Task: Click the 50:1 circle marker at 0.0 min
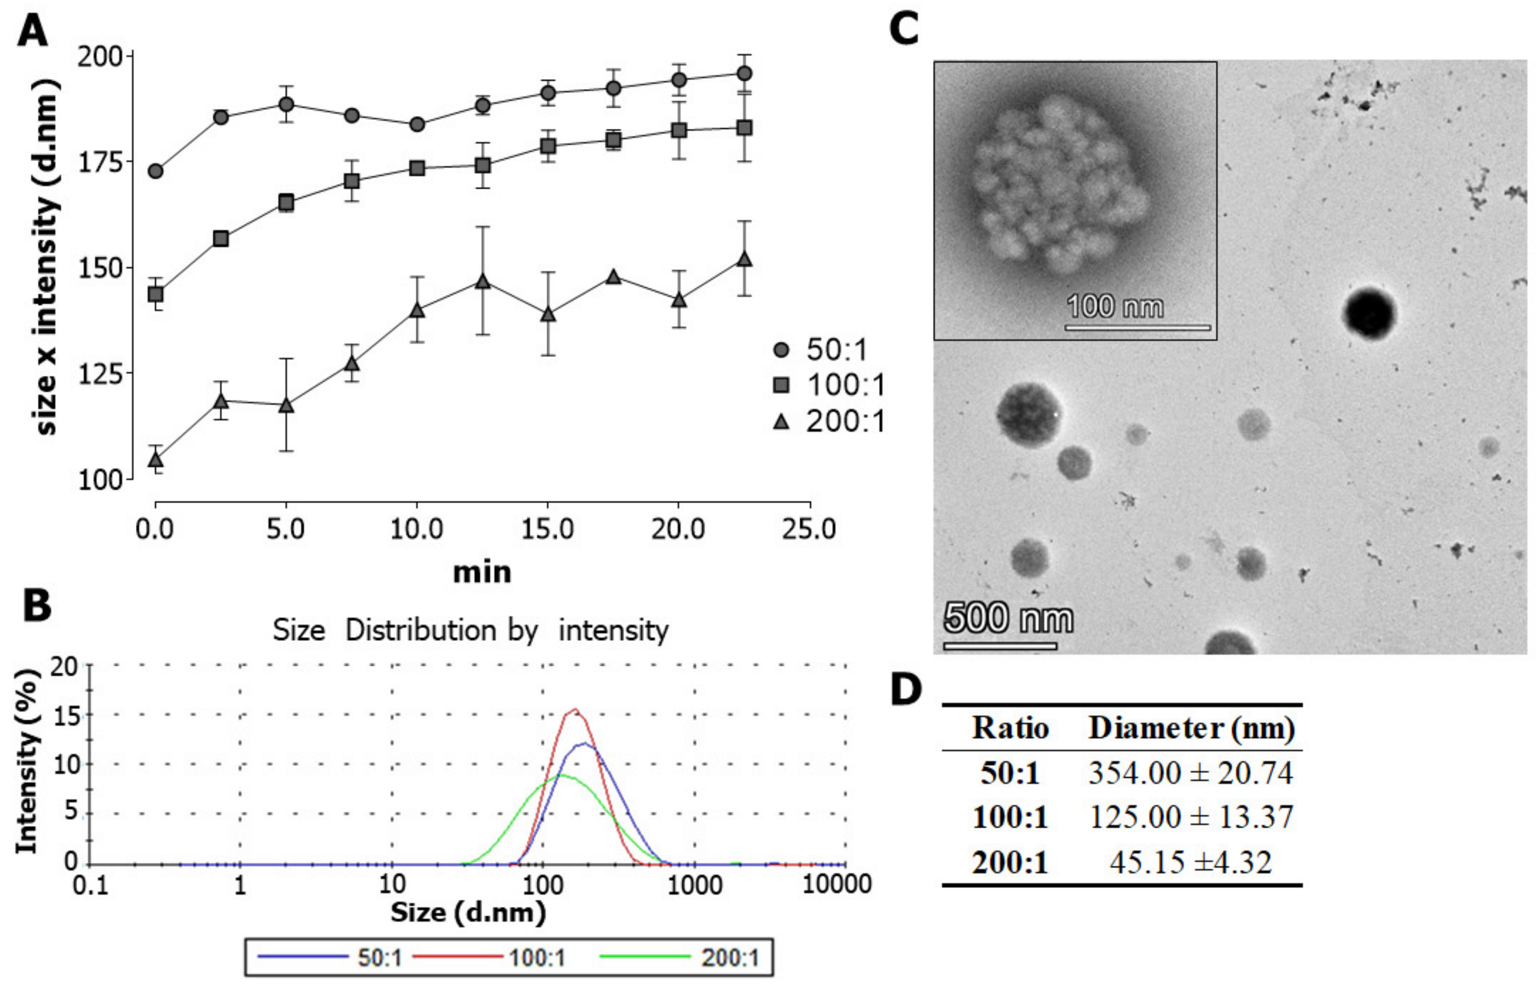click(x=155, y=172)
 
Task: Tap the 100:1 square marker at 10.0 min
click(x=417, y=168)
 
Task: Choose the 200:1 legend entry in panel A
click(x=829, y=421)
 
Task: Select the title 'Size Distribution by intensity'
click(x=470, y=630)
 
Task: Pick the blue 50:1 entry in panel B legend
click(x=331, y=958)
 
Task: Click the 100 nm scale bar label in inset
click(x=1114, y=306)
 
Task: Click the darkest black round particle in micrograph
click(x=1369, y=313)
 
